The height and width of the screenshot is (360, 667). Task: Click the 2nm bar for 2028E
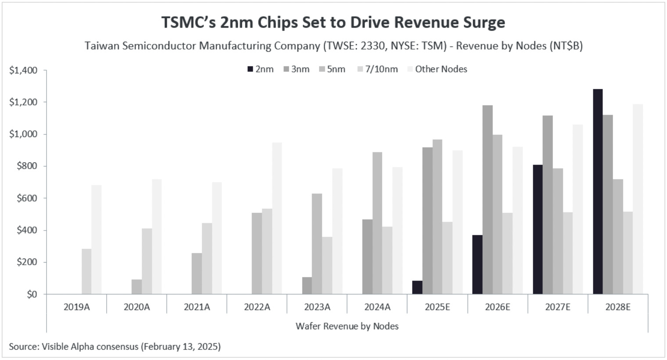(x=597, y=191)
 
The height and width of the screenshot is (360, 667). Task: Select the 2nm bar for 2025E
(x=417, y=287)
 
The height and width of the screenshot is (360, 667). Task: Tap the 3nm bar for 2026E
(x=487, y=199)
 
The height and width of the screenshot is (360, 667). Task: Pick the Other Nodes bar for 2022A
(x=277, y=218)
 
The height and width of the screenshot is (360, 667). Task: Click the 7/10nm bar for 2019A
(x=86, y=271)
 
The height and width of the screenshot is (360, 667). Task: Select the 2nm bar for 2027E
(x=538, y=229)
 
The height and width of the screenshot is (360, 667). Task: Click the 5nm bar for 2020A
(x=136, y=287)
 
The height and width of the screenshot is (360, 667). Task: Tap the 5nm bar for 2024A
(x=377, y=223)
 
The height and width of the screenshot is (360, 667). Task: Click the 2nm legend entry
(x=261, y=69)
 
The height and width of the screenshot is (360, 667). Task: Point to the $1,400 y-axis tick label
(x=23, y=70)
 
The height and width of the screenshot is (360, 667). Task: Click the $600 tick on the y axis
(x=27, y=198)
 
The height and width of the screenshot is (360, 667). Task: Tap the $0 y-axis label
(x=32, y=294)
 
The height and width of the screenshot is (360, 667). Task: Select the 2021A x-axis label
(x=197, y=307)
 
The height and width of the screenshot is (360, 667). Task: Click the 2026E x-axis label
(x=498, y=307)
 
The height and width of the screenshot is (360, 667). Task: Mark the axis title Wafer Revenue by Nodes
(x=347, y=326)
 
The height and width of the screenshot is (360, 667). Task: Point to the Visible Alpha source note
(x=115, y=346)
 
